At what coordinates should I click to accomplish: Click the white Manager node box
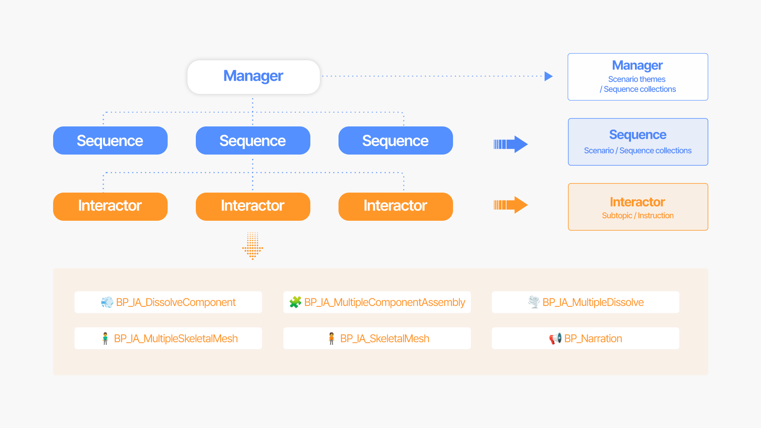[253, 77]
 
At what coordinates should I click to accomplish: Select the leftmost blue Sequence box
[110, 141]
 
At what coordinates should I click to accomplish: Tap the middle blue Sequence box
[253, 141]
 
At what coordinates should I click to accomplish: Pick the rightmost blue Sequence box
[396, 141]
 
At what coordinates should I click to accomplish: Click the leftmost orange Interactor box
[110, 206]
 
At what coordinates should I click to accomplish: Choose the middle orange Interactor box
[253, 206]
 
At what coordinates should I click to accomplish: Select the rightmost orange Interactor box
[396, 206]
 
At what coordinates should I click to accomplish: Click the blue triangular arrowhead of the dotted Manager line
[548, 76]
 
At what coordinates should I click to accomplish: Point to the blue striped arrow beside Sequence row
[511, 144]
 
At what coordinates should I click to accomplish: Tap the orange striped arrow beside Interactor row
[511, 205]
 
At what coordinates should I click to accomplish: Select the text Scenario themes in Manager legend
[637, 79]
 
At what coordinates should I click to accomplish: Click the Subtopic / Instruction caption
[637, 216]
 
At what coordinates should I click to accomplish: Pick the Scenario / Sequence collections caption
[637, 151]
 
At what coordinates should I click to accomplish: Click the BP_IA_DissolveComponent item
[168, 302]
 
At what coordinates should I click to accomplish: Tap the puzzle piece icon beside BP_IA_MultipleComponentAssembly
[295, 302]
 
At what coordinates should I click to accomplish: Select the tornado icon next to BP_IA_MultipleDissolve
[534, 302]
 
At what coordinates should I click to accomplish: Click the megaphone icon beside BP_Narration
[555, 338]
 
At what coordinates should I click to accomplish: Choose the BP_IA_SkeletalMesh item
[377, 338]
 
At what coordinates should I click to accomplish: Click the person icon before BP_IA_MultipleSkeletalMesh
[105, 338]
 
